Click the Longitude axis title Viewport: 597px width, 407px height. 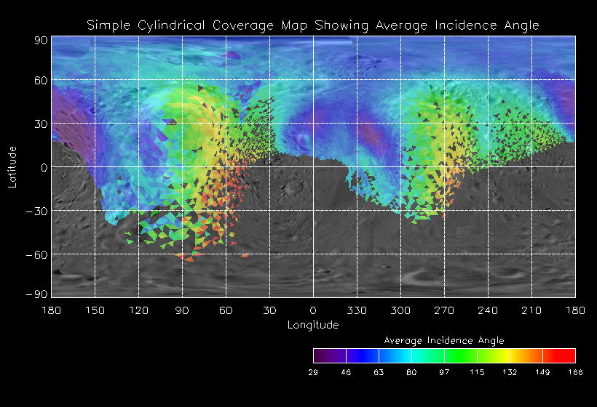click(x=313, y=325)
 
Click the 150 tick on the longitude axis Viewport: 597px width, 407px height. click(x=95, y=310)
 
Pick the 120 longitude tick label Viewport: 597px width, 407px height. click(x=138, y=310)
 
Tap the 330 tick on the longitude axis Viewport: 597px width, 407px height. click(x=357, y=310)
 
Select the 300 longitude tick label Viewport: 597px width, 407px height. click(x=400, y=310)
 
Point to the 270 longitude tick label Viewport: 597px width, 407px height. click(x=444, y=310)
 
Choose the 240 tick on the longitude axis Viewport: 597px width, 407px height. click(x=488, y=310)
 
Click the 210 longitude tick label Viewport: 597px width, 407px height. click(x=531, y=310)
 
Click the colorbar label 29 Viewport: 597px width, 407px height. click(x=313, y=372)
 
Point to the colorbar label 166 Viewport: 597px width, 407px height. click(x=575, y=372)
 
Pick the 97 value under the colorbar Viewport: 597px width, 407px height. click(x=444, y=372)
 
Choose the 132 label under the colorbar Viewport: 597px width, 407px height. click(x=510, y=372)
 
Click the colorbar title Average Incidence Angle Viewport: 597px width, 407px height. click(x=444, y=340)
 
